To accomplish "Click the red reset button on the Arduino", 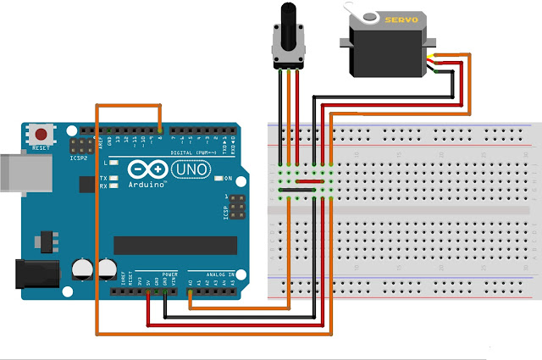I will (x=40, y=133).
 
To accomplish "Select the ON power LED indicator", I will (x=218, y=179).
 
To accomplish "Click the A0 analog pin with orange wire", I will (x=189, y=294).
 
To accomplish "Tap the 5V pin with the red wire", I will (x=148, y=294).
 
